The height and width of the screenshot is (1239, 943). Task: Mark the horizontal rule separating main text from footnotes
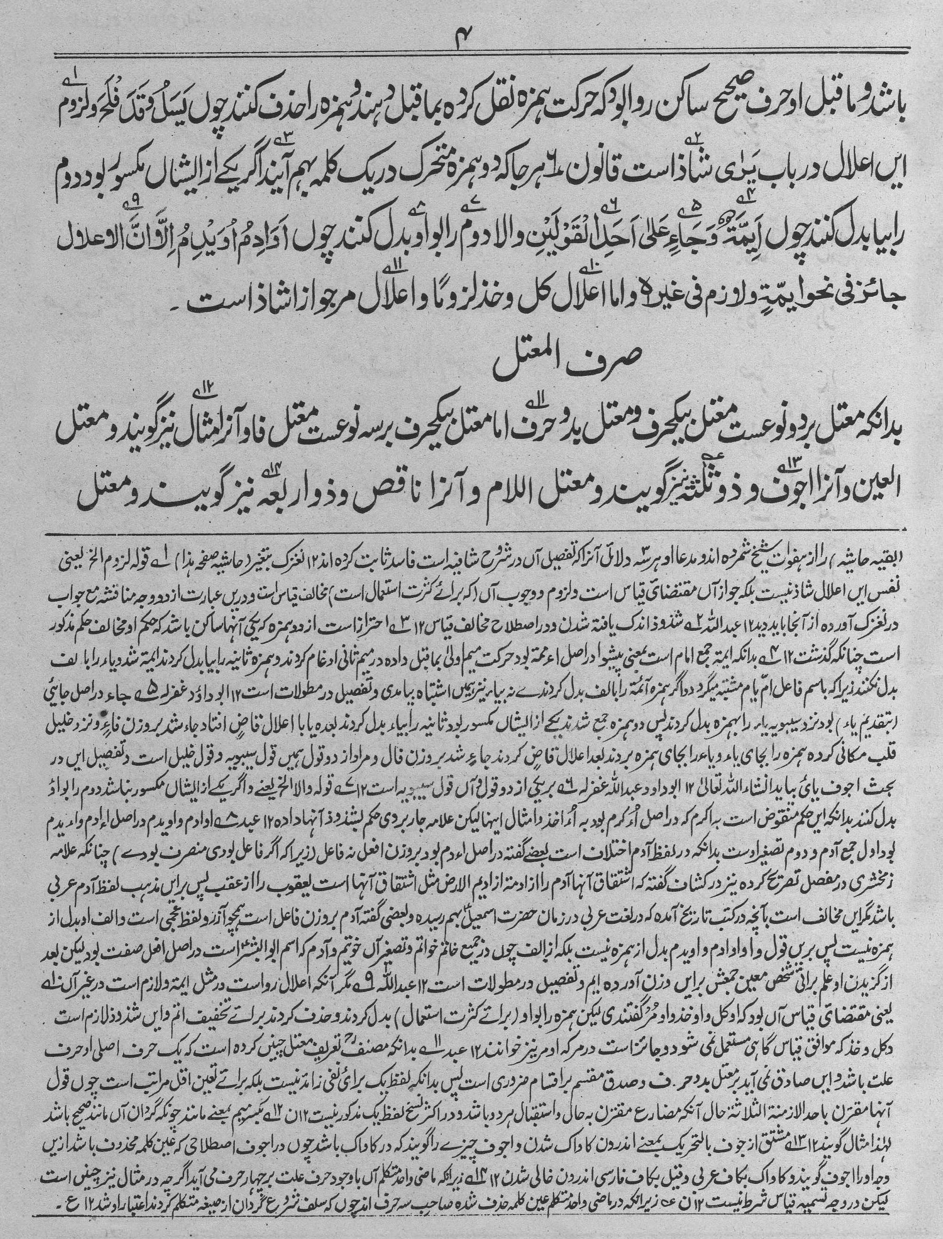point(471,531)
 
